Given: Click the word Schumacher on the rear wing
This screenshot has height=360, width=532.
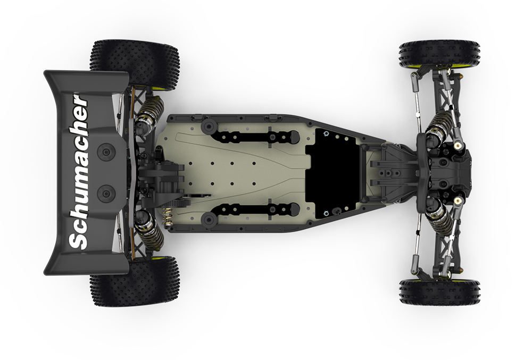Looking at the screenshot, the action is (x=78, y=172).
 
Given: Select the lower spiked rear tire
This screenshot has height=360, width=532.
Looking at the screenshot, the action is (x=135, y=281).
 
